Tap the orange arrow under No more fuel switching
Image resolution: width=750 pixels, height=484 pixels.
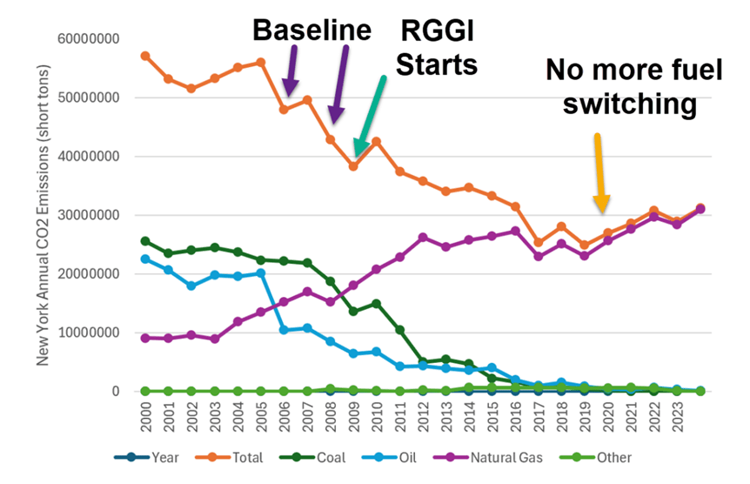tap(599, 171)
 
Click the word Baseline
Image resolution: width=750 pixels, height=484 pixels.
tap(312, 30)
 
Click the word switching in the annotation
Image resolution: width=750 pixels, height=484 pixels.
tap(628, 104)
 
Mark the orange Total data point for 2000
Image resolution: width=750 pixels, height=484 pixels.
tap(145, 56)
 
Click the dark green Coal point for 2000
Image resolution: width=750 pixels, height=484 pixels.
tap(145, 241)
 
